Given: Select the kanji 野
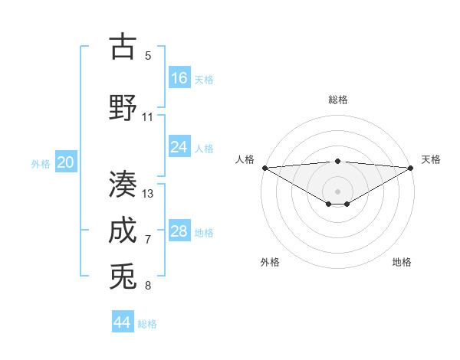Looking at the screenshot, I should [x=123, y=107].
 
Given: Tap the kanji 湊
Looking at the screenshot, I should [x=123, y=184].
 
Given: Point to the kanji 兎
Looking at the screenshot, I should [x=123, y=277].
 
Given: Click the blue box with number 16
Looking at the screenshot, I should [x=179, y=78].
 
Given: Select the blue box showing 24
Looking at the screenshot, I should [x=179, y=147].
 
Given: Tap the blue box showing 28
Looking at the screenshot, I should [x=179, y=231].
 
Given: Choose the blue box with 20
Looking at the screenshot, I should [x=66, y=162].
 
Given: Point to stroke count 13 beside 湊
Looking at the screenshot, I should [x=148, y=194].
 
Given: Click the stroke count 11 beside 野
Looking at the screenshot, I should [x=148, y=117].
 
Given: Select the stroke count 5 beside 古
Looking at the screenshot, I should [x=148, y=55].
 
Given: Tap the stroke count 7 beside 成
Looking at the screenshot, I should [x=148, y=240].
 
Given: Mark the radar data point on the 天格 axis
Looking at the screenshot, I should [x=412, y=167].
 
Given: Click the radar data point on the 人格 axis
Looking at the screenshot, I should [x=264, y=167].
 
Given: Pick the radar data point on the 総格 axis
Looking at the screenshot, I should [x=337, y=161].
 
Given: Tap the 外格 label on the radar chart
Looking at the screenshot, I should [x=270, y=262].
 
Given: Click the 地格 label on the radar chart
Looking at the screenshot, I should [x=402, y=262].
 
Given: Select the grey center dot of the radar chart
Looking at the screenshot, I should [x=337, y=191].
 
